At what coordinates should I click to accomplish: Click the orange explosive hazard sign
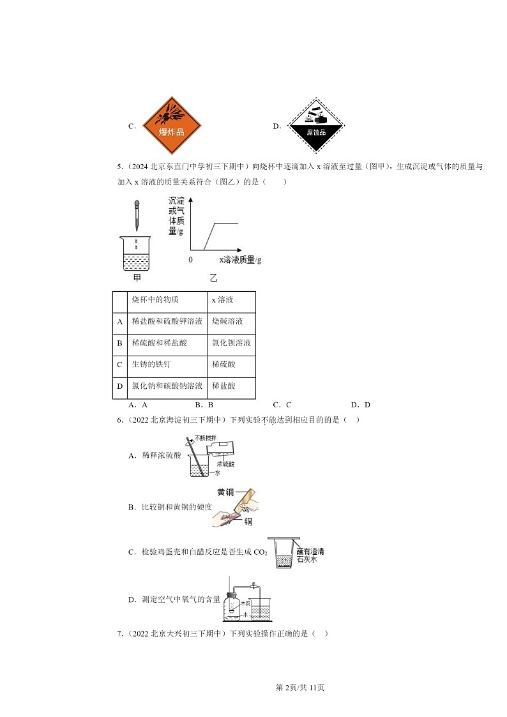point(171,125)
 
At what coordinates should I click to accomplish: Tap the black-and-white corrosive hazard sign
point(316,125)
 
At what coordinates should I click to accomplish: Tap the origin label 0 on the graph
point(190,260)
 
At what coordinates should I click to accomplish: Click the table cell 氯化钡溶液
point(231,343)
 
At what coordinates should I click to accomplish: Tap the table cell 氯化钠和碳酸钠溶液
point(167,386)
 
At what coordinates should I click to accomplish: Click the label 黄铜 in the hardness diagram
point(225,492)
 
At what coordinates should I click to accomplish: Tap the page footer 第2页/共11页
point(299,688)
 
